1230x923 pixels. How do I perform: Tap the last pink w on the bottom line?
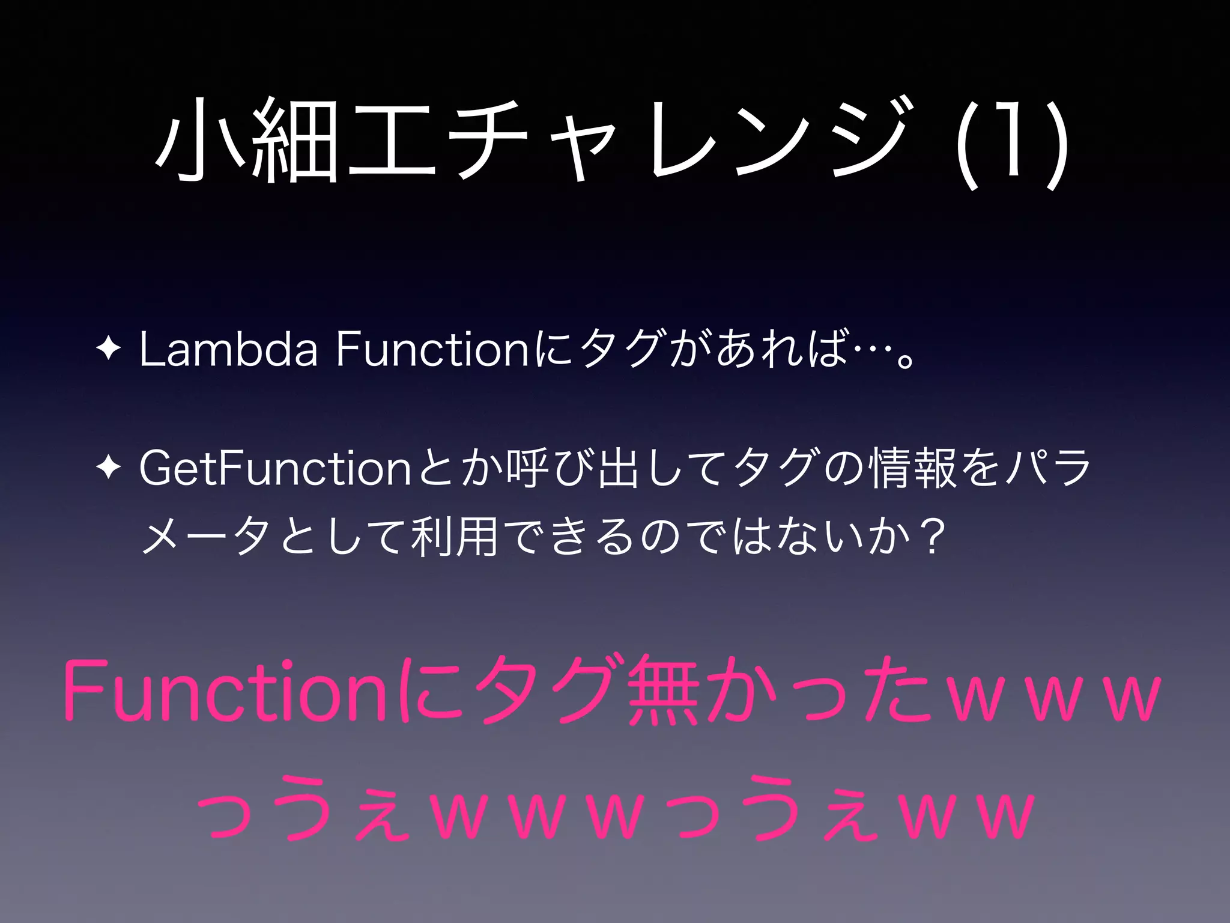1004,816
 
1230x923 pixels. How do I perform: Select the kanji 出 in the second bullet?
616,469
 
